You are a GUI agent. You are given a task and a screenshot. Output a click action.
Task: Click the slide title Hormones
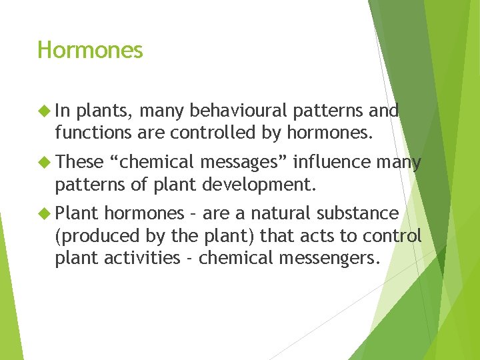click(90, 50)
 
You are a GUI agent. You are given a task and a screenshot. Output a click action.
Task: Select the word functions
click(93, 132)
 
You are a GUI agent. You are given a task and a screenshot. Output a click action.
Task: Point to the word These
click(79, 162)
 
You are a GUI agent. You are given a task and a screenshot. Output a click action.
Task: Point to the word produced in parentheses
click(93, 235)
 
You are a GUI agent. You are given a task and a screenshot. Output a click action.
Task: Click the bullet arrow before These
click(45, 162)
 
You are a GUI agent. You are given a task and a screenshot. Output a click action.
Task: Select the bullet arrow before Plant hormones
click(45, 213)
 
